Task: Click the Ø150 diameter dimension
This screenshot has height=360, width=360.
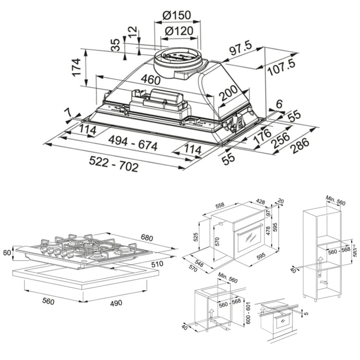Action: click(177, 15)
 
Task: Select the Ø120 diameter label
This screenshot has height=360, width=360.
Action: click(179, 31)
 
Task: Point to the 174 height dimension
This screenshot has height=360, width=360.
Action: click(76, 67)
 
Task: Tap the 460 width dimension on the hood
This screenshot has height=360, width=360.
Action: click(150, 79)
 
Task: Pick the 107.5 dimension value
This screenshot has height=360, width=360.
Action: click(282, 67)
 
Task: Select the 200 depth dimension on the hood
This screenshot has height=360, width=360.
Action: click(228, 93)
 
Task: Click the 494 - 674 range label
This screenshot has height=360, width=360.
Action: click(133, 143)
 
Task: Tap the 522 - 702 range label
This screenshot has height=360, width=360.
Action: click(114, 164)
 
